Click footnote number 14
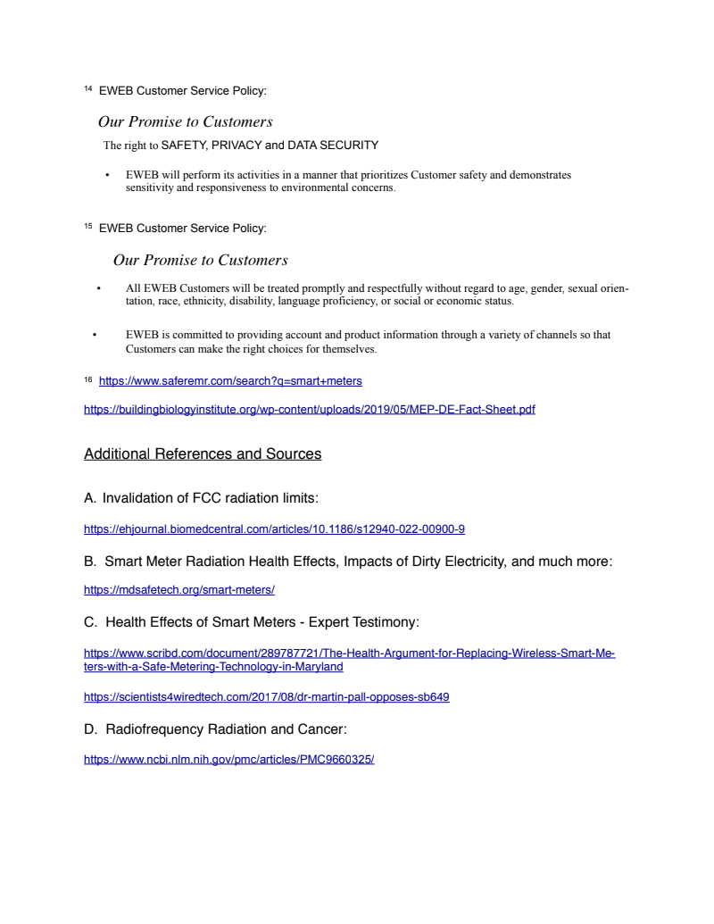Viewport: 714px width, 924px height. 87,89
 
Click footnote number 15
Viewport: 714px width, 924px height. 87,227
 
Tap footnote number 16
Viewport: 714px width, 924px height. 87,380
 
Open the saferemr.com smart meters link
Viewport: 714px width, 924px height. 230,381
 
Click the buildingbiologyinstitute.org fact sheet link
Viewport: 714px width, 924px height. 309,410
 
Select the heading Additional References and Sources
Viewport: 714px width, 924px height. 203,454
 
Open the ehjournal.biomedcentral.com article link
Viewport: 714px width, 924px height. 274,529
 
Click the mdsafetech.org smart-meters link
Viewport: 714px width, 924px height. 178,590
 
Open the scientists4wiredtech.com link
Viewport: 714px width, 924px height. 266,697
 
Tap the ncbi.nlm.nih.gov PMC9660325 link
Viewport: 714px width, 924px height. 228,760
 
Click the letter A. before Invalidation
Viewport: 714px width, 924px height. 90,498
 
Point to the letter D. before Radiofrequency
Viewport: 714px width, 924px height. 90,729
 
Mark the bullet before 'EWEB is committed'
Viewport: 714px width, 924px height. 93,336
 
